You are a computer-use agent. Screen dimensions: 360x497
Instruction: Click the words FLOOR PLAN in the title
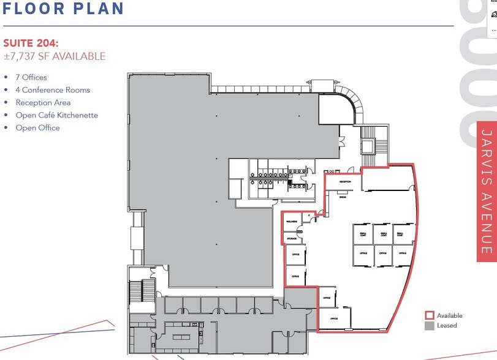[x=64, y=9]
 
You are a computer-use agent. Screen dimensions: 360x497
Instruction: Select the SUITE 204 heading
[x=31, y=43]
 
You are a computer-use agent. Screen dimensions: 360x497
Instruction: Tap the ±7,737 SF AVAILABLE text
[x=55, y=56]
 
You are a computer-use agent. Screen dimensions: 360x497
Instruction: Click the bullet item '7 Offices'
[x=31, y=78]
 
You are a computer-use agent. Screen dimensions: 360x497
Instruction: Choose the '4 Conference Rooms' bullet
[x=53, y=90]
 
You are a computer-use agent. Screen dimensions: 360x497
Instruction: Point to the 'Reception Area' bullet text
[x=43, y=103]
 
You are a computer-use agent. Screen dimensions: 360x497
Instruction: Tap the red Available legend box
[x=429, y=316]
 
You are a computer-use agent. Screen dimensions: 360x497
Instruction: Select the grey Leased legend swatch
[x=429, y=326]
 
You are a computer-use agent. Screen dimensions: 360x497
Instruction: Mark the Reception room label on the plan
[x=344, y=182]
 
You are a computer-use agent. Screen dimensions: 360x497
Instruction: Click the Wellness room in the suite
[x=290, y=221]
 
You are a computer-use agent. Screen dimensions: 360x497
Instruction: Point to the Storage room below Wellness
[x=292, y=238]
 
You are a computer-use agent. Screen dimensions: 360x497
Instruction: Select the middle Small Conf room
[x=383, y=234]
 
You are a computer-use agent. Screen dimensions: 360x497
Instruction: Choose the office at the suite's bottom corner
[x=335, y=318]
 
